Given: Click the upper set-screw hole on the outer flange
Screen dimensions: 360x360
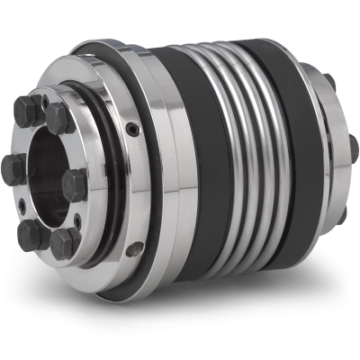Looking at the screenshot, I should [x=131, y=131].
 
